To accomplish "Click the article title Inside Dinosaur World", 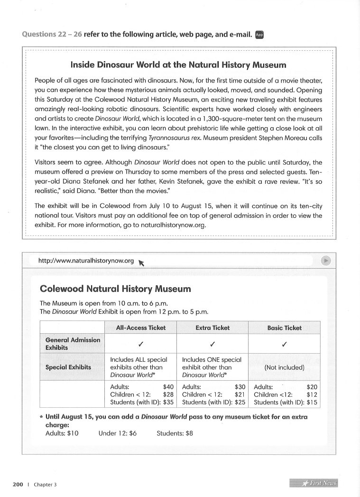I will [178, 65].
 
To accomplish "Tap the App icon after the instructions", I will [259, 34].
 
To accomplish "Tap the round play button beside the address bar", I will [325, 260].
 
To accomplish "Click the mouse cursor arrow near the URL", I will [141, 263].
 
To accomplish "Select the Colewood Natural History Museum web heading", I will [115, 289].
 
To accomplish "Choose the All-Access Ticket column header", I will [141, 328].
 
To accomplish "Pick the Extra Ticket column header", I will [212, 328].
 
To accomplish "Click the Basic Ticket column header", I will [284, 328].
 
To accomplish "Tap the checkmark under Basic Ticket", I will [284, 343].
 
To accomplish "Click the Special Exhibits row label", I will [68, 367].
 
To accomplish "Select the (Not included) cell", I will [284, 367].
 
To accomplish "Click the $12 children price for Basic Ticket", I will [311, 394].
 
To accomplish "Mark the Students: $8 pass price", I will [175, 433].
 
